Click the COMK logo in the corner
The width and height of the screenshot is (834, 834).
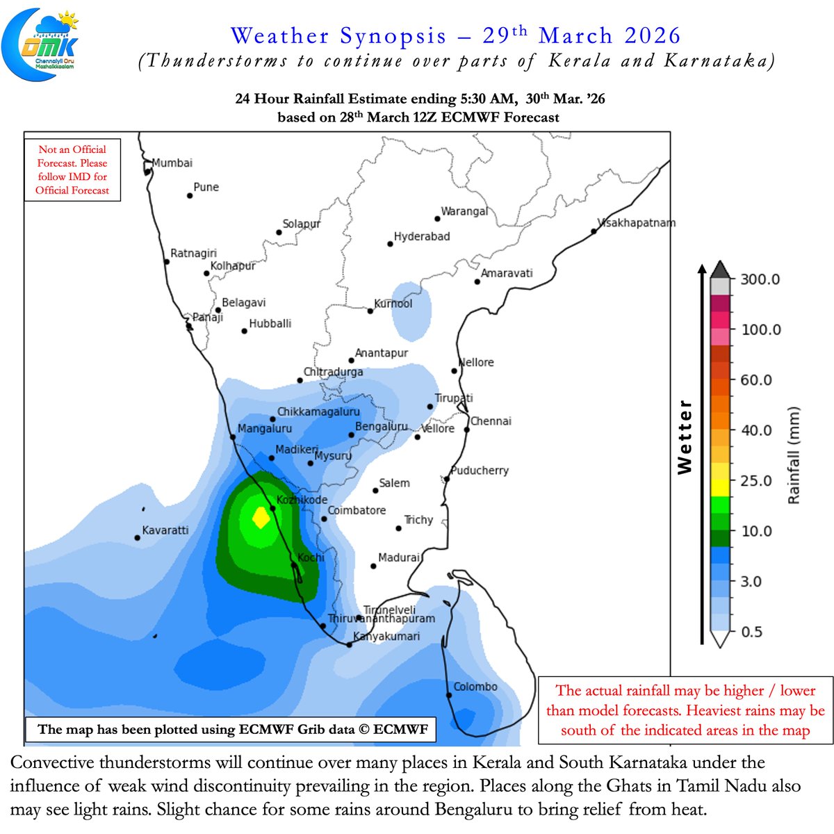40,44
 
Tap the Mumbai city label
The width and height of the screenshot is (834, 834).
172,163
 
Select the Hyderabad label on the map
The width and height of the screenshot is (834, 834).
421,237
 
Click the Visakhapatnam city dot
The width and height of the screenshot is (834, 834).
594,231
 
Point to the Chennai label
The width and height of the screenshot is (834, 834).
491,421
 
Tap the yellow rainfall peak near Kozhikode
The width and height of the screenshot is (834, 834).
261,518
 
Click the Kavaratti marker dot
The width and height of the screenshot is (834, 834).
138,538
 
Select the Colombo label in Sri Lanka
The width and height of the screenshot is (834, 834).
475,687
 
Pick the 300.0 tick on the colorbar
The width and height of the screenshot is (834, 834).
760,279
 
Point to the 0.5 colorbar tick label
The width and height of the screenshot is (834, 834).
751,632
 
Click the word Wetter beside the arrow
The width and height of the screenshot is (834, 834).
685,437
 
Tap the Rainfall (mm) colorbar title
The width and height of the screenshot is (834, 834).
794,455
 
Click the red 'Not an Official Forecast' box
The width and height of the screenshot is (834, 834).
72,170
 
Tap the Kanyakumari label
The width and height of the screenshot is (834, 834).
386,636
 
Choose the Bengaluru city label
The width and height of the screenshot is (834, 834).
381,426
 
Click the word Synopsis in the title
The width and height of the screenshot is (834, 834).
393,36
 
